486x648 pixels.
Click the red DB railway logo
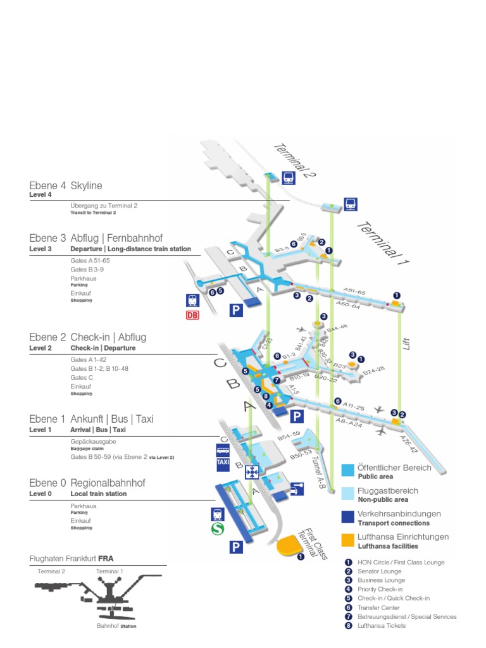tap(192, 314)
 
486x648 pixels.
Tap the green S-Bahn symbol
tap(217, 530)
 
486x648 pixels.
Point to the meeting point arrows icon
tap(252, 471)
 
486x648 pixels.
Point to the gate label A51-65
tap(354, 292)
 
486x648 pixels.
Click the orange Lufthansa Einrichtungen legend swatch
tap(347, 540)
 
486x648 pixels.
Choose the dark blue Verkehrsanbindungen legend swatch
tap(347, 517)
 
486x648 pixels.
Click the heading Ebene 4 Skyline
tap(65, 185)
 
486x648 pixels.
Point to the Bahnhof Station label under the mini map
tap(116, 626)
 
